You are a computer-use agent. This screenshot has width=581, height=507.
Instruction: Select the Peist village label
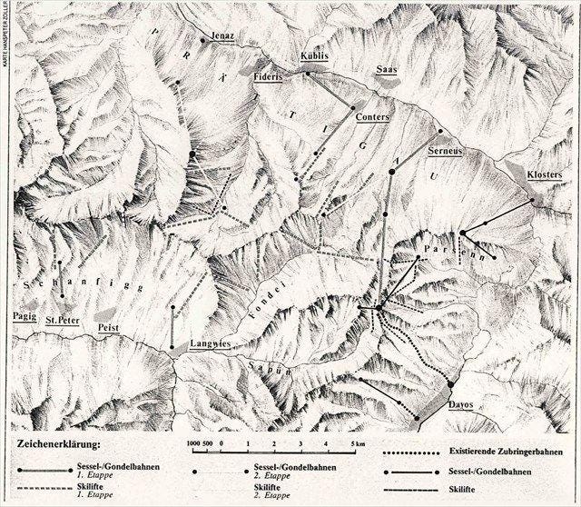pos(109,326)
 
